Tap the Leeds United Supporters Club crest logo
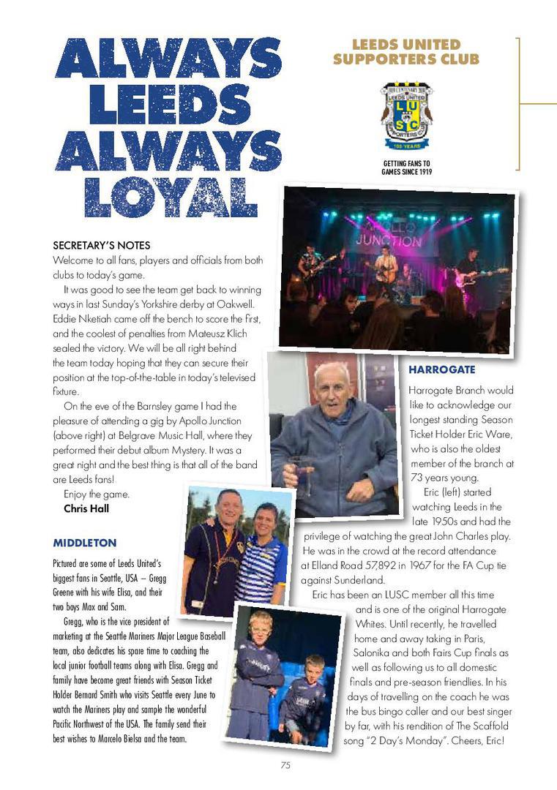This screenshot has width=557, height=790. tap(406, 114)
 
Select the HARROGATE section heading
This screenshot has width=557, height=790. tap(441, 370)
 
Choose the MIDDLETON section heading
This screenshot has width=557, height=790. tap(84, 543)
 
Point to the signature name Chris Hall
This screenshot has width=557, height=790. tap(86, 508)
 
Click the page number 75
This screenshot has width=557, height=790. tap(285, 765)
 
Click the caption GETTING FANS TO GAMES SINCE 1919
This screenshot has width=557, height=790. tap(406, 168)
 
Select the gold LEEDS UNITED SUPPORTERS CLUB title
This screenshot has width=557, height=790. tap(406, 52)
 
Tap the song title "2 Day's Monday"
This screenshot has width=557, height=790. tap(419, 741)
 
